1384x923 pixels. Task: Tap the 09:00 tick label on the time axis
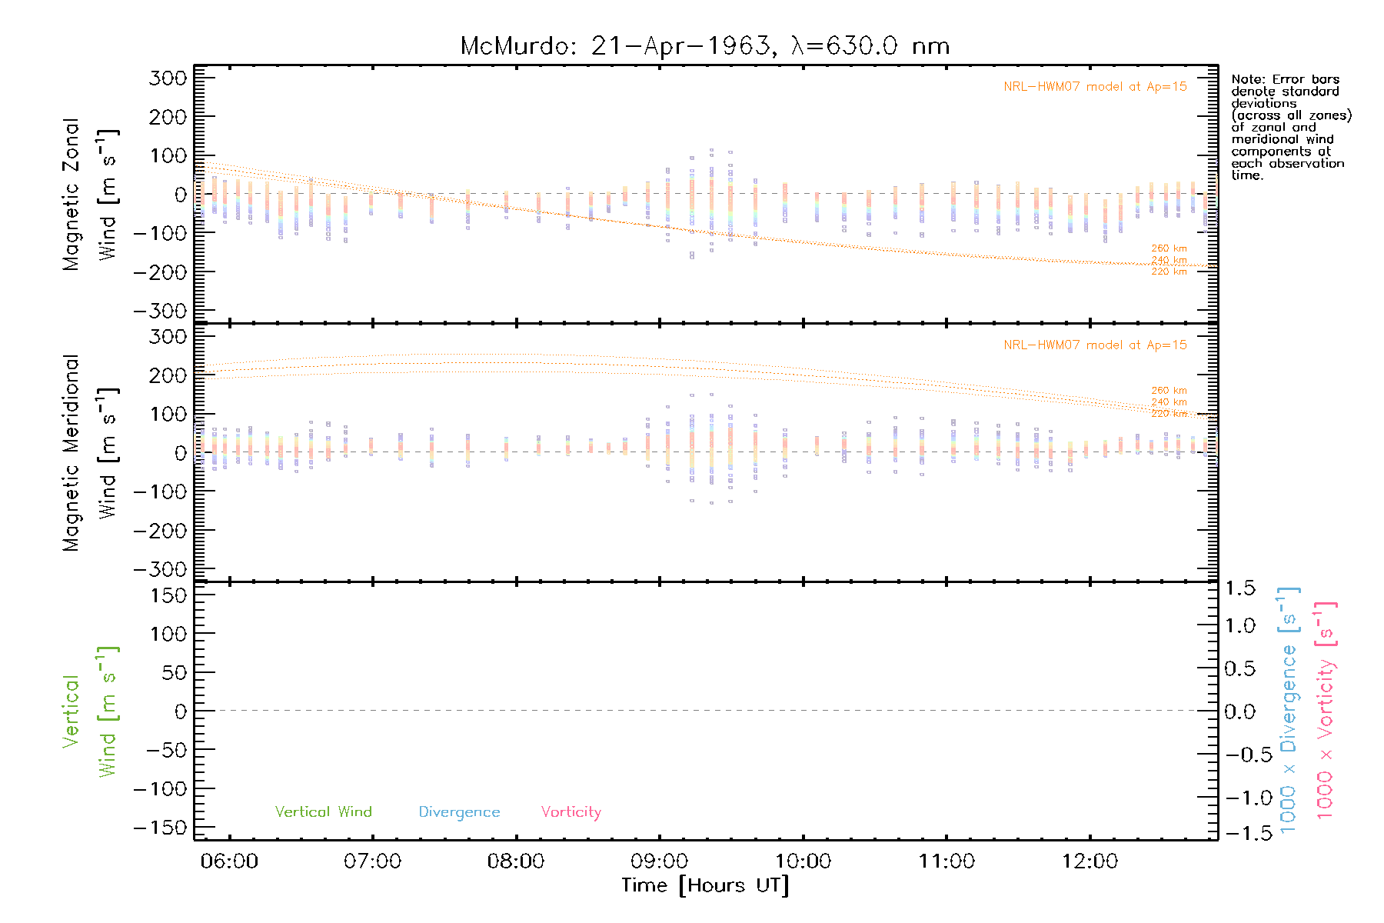[659, 861]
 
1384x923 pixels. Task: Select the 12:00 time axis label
[1090, 861]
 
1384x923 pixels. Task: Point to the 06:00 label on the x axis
[229, 861]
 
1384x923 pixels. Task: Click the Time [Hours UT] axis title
[705, 885]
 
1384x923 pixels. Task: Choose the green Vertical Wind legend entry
[323, 811]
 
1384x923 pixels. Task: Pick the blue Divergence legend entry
[459, 811]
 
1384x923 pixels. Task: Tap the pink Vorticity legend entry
[571, 811]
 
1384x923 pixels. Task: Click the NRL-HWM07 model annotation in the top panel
[1095, 86]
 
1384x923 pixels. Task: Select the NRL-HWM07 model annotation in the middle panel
[1095, 345]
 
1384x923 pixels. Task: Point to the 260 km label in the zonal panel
[1169, 248]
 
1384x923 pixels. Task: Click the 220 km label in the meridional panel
[1169, 414]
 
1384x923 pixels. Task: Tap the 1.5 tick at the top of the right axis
[1240, 588]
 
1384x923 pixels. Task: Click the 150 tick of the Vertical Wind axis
[168, 595]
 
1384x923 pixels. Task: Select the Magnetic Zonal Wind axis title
[90, 195]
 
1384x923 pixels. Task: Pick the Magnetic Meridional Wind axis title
[90, 453]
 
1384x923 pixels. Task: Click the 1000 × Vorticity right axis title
[1326, 710]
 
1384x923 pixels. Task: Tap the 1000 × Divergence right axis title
[1289, 710]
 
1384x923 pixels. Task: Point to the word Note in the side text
[1246, 79]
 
